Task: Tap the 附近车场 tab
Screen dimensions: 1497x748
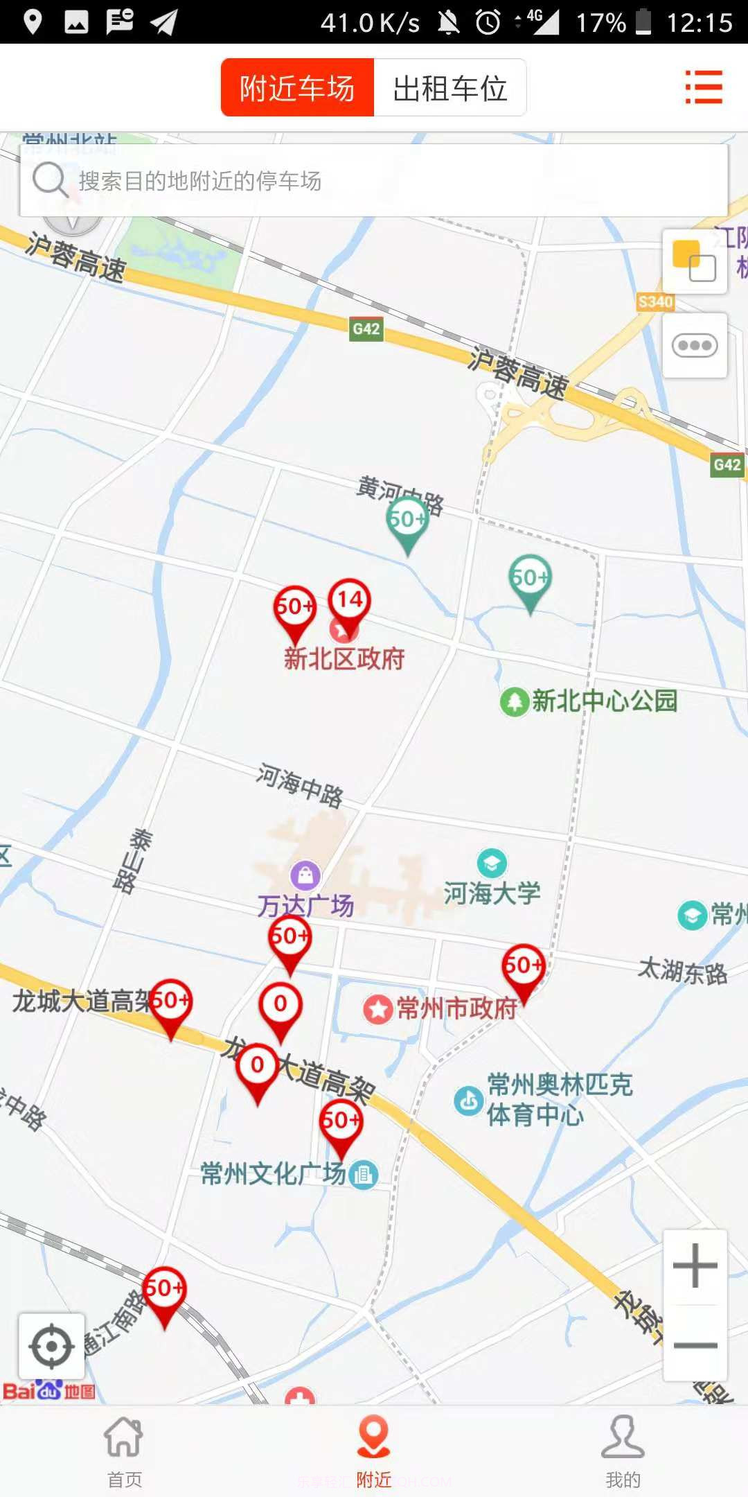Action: coord(297,88)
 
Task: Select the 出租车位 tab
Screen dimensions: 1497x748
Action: coord(450,88)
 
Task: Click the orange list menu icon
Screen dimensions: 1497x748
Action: coord(704,87)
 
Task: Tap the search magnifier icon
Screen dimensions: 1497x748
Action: coord(49,180)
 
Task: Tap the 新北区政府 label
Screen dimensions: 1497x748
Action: coord(344,658)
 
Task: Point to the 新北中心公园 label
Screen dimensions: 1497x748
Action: coord(604,701)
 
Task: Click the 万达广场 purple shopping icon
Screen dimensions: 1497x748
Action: coord(305,875)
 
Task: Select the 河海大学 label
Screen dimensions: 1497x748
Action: coord(492,893)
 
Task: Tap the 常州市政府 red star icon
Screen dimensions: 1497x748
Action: coord(378,1009)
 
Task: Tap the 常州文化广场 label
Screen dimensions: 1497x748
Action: coord(273,1173)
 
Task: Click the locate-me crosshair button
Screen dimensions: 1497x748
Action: coord(52,1347)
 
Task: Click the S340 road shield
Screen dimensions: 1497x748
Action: coord(655,301)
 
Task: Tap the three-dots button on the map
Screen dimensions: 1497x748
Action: coord(695,345)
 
